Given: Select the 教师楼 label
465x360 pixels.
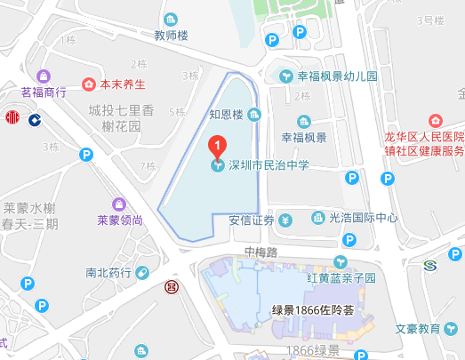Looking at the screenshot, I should tap(172, 37).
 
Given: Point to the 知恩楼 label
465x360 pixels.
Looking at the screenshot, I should tap(226, 114).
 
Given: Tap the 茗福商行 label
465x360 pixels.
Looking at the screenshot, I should tap(44, 91).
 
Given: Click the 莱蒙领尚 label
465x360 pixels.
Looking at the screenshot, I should tap(120, 220).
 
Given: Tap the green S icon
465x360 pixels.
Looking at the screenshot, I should tap(430, 265).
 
